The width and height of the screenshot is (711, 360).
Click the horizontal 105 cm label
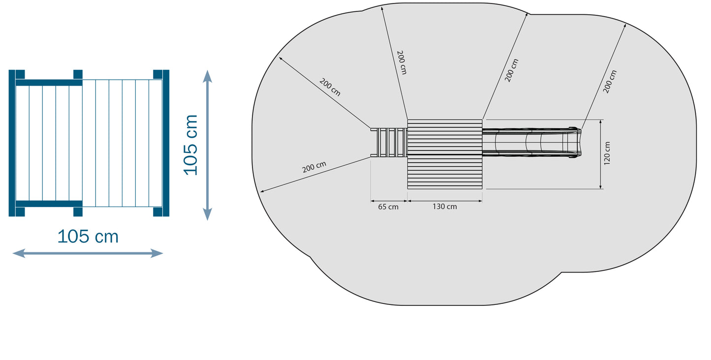[88, 237]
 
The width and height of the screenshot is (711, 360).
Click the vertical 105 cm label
[190, 145]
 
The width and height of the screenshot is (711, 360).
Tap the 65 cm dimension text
[388, 207]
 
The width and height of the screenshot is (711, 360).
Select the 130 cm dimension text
[445, 207]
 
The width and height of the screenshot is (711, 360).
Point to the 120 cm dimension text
[607, 153]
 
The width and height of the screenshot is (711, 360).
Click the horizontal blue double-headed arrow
[88, 253]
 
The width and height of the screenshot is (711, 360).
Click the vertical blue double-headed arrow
[207, 145]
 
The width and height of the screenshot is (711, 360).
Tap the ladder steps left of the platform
[389, 143]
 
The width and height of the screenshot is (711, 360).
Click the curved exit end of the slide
[575, 143]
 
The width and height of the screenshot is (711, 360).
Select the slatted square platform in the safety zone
[445, 154]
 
